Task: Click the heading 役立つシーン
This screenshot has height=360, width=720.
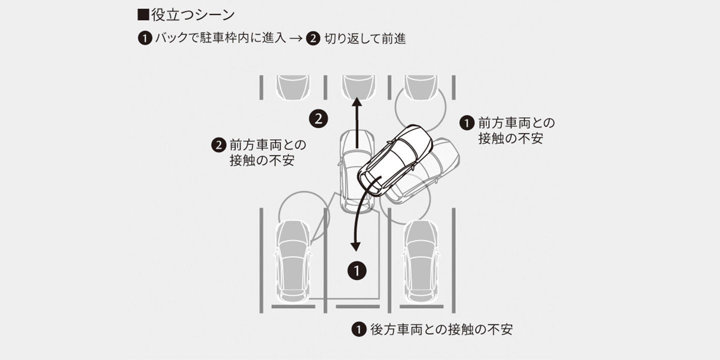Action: point(193,15)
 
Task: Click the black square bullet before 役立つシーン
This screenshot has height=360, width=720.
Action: point(143,15)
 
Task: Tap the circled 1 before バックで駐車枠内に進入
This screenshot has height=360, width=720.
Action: point(145,38)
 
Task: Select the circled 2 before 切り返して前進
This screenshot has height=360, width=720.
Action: point(313,38)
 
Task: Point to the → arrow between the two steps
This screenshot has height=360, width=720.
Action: point(296,38)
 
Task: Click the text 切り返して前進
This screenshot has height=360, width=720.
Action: point(365,38)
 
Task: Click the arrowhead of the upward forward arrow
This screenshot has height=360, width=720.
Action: point(357,102)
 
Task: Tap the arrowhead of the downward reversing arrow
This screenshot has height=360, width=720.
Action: point(355,247)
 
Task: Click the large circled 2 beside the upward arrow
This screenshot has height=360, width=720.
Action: point(318,119)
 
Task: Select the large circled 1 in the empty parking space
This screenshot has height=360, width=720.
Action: point(357,270)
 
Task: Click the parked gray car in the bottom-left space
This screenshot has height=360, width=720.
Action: point(293,261)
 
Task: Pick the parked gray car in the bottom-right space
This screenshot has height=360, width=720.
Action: point(421,261)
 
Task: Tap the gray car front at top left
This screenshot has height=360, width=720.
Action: point(293,87)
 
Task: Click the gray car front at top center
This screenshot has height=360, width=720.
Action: point(358,87)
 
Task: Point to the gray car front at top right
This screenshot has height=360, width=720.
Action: point(421,87)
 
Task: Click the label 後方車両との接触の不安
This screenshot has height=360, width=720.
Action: point(441,329)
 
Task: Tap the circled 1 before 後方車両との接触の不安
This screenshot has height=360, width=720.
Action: point(358,329)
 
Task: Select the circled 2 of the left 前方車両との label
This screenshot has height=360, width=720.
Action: point(218,145)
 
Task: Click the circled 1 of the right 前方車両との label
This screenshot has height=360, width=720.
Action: point(466,123)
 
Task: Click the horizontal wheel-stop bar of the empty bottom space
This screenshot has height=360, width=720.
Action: point(357,306)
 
